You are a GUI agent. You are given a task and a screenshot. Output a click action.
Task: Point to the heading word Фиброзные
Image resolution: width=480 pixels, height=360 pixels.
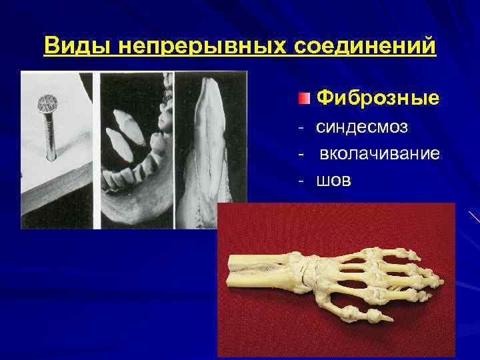377,99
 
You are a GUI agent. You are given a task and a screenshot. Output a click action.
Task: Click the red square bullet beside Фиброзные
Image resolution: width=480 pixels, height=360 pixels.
304,99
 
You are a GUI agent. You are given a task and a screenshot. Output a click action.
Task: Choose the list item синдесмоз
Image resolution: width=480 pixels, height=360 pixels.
362,127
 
